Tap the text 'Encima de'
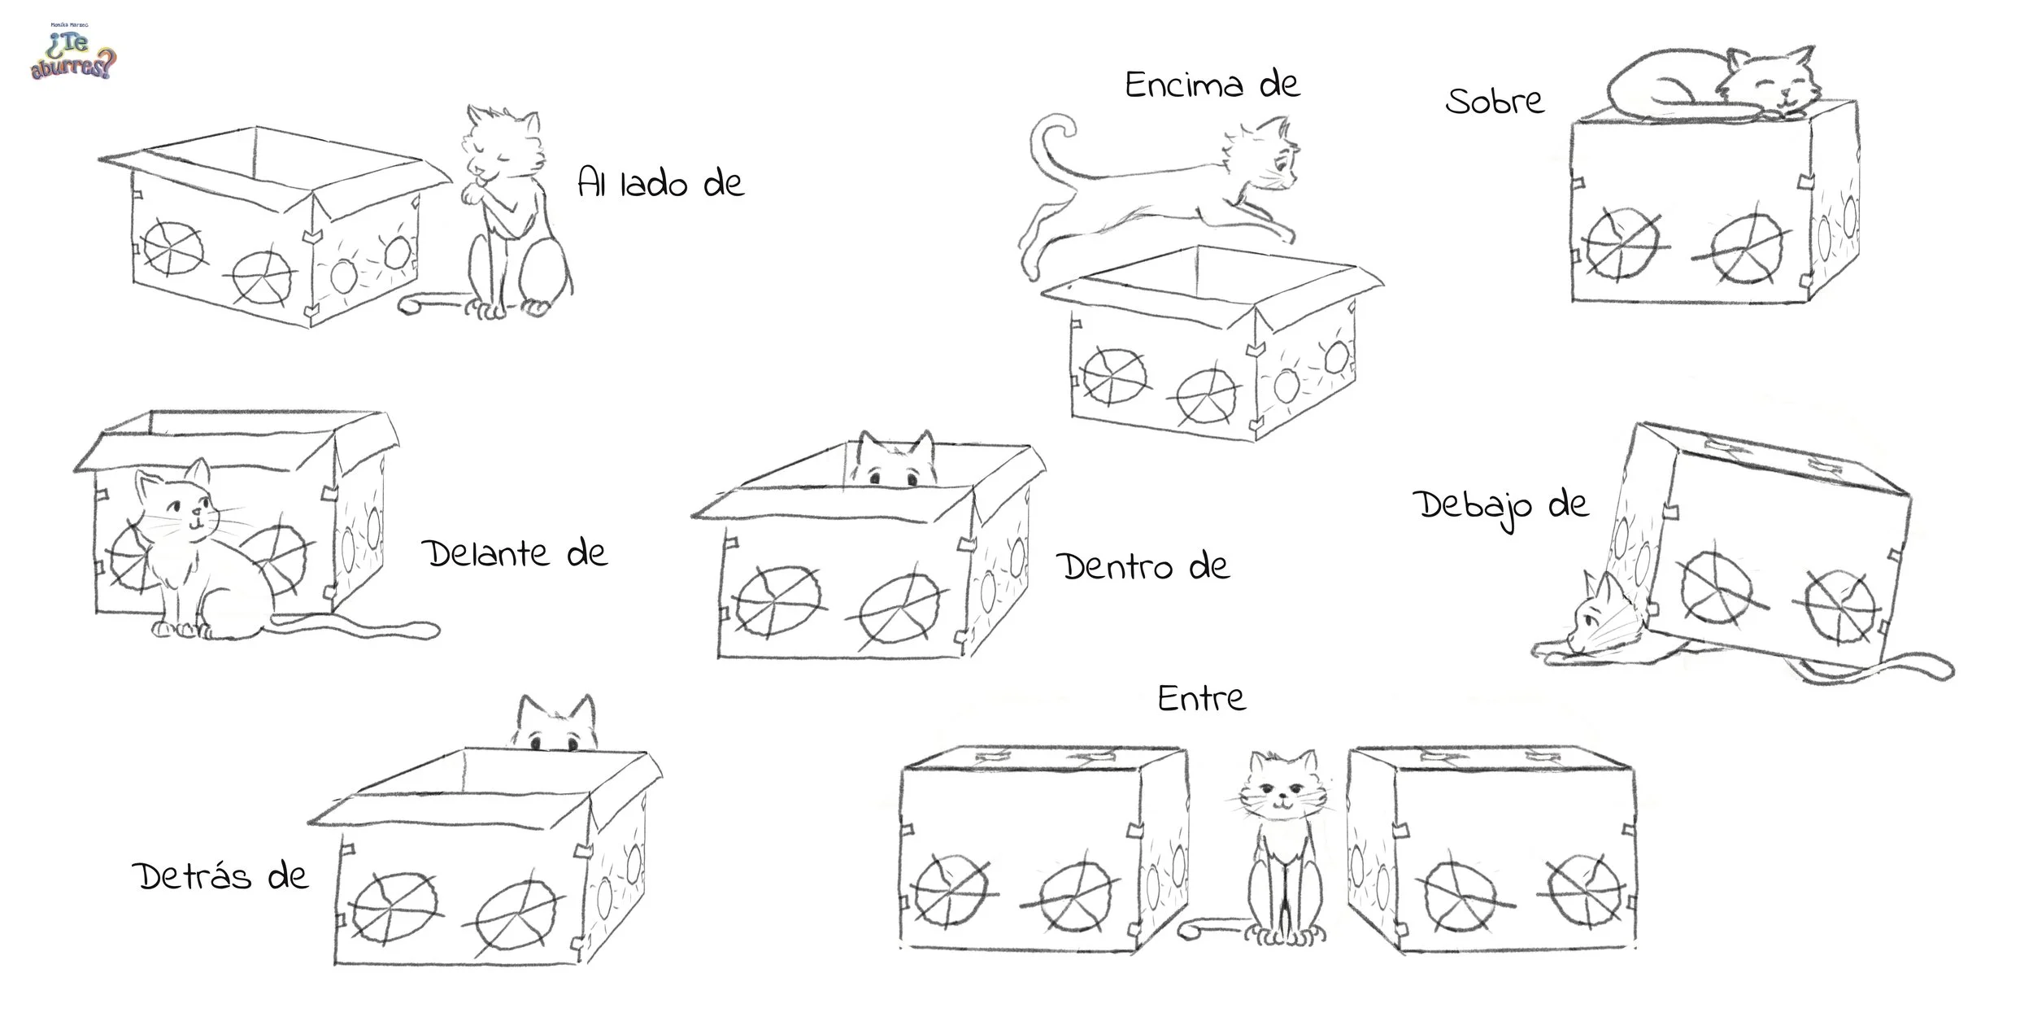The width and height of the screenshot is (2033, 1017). click(x=1212, y=85)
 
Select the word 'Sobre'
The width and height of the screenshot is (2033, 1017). click(x=1495, y=101)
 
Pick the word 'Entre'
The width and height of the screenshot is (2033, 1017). click(x=1202, y=698)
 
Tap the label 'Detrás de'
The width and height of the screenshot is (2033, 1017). click(x=221, y=875)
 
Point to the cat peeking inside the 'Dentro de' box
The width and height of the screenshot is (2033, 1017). click(x=896, y=460)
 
